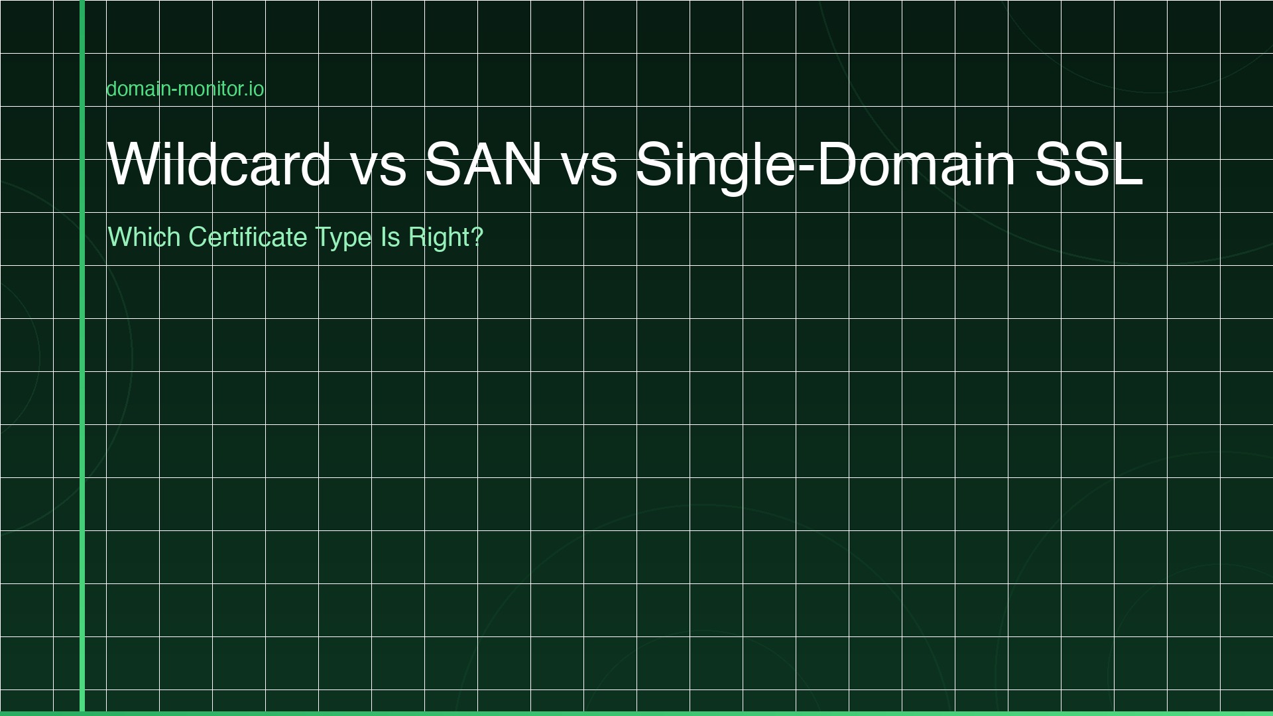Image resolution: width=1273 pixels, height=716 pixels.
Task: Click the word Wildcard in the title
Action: click(219, 164)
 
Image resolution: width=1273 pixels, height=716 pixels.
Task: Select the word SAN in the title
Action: click(483, 164)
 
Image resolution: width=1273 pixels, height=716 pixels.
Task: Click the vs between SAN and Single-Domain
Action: click(589, 166)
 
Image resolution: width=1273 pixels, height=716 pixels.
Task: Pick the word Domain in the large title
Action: click(916, 164)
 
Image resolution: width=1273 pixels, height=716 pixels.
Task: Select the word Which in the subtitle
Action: click(144, 237)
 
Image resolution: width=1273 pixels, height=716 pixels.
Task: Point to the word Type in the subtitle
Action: click(343, 239)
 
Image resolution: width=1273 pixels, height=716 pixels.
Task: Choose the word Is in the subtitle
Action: click(390, 237)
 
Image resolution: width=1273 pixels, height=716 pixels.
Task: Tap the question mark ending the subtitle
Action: click(477, 237)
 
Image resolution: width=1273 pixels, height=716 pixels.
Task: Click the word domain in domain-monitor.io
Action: click(137, 89)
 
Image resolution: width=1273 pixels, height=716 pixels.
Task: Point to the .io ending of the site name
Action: click(255, 89)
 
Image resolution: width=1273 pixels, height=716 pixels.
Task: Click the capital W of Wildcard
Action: click(133, 164)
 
